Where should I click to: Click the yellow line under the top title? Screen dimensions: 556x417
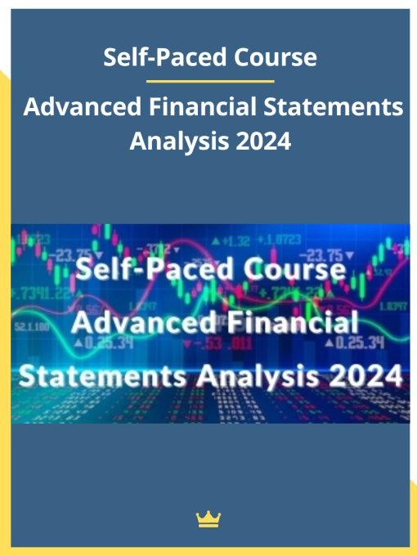[209, 81]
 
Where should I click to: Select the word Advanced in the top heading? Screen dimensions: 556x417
[73, 107]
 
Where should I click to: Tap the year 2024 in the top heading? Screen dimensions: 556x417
[262, 141]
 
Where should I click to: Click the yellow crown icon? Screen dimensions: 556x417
[208, 518]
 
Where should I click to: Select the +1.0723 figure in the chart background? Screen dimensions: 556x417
[279, 240]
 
